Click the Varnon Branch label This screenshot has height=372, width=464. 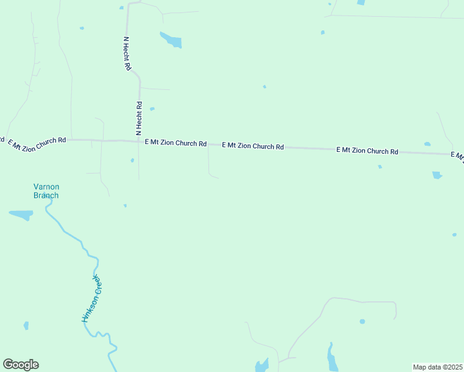point(46,191)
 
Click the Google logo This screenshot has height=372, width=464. point(20,365)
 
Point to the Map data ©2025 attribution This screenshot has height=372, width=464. point(437,367)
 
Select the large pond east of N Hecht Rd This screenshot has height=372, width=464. point(172,40)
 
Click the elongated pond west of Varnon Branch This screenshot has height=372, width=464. point(21,215)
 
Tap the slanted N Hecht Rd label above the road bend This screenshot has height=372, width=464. point(127,53)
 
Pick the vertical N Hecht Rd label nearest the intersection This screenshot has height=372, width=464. point(139,118)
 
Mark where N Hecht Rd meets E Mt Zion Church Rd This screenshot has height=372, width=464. point(138,141)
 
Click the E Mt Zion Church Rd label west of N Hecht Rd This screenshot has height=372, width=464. point(37,141)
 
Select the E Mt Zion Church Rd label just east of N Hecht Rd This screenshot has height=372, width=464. point(176,143)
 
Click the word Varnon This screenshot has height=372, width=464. point(46,187)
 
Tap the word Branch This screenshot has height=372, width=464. point(46,195)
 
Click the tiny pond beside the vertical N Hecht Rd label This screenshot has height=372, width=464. point(152,108)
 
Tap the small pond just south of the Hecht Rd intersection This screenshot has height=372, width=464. point(132,161)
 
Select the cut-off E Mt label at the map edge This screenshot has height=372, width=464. point(458,156)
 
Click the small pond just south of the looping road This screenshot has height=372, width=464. point(362,321)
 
